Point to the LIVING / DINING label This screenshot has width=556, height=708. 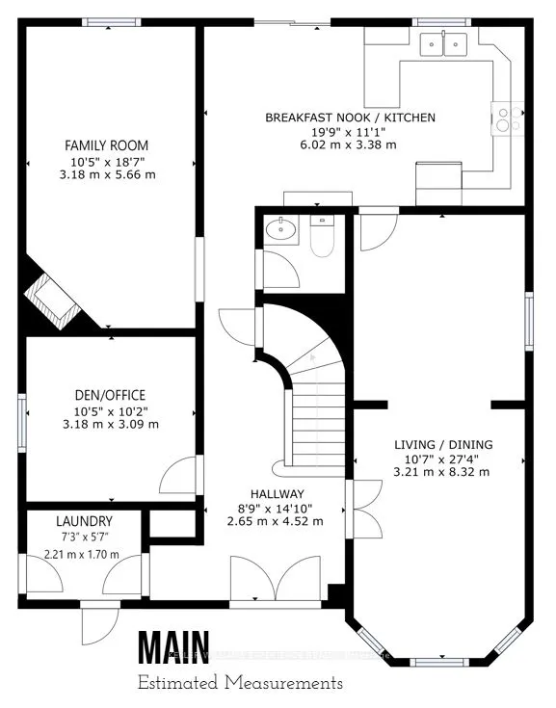(x=443, y=444)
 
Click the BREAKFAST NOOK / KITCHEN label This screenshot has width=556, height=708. (x=350, y=118)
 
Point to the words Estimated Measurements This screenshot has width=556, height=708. (x=239, y=683)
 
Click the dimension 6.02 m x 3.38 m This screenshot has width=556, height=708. (x=350, y=145)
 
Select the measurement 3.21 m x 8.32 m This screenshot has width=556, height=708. (x=443, y=472)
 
